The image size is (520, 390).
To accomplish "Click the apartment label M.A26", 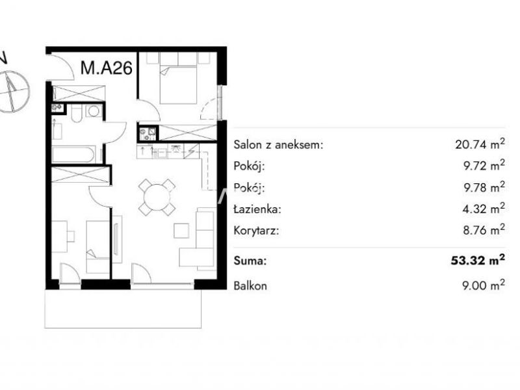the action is coord(107,68).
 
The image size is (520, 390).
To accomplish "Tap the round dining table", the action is coord(157,198).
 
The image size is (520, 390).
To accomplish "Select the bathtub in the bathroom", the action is coord(73,155).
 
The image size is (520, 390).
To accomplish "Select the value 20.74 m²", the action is coord(480,144).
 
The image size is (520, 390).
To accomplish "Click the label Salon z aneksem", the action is coord(278,145).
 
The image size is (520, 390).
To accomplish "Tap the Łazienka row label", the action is coord(257,209).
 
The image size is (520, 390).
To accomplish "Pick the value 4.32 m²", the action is coord(484,208).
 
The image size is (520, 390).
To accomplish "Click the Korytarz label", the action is coord(256,231).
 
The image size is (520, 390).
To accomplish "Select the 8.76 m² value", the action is coord(484,229).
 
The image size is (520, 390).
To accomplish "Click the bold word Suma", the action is coord(250,261).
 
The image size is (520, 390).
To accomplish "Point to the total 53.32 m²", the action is coord(478,259).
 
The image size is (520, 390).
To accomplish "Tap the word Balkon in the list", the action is coord(250,285).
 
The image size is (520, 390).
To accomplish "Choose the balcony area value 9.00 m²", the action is coord(484,285).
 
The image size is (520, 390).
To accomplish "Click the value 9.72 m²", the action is coord(484,165).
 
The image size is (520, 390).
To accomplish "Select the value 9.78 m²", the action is coord(484,187).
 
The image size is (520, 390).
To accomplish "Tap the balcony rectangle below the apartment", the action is coord(123,308).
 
